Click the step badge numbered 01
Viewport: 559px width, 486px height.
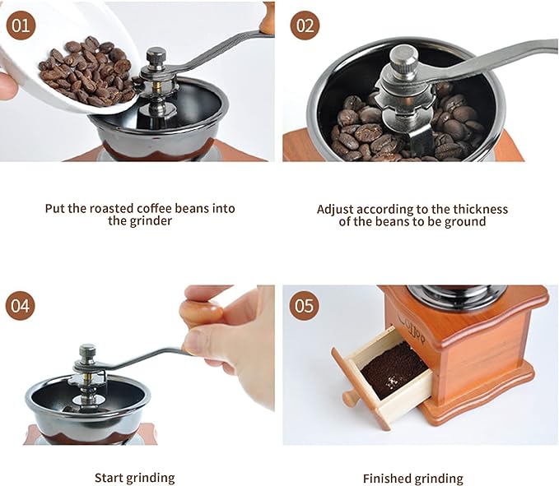point(21,25)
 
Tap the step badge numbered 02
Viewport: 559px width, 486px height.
point(305,25)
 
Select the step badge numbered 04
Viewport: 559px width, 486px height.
point(21,305)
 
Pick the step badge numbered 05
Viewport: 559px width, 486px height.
point(304,305)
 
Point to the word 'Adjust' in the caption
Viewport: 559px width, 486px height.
point(335,210)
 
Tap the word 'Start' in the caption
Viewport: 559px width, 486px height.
point(109,478)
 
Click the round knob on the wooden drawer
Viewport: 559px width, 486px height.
point(350,398)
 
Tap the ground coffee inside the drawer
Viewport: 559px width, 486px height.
point(394,369)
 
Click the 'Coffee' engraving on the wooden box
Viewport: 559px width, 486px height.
point(412,326)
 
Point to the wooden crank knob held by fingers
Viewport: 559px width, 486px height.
point(201,313)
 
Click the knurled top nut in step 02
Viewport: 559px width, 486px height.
point(403,58)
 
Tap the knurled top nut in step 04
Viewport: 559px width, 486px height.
point(87,353)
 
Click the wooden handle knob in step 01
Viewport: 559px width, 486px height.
point(267,18)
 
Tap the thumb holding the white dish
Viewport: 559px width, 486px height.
point(8,86)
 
